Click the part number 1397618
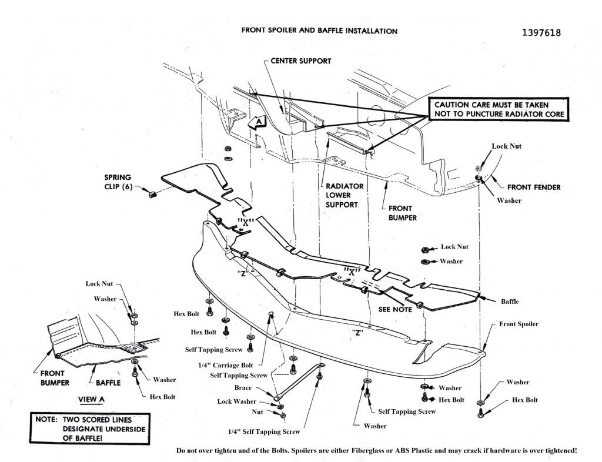coord(540,32)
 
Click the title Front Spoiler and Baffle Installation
coord(319,31)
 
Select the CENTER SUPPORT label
coord(301,61)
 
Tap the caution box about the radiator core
coord(499,109)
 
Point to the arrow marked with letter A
coord(258,122)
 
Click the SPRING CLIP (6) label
coord(118,182)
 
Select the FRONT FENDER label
coord(534,188)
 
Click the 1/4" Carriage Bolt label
coord(226,365)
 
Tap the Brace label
coord(243,388)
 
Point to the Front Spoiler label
coord(519,324)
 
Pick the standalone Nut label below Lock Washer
coord(257,413)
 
